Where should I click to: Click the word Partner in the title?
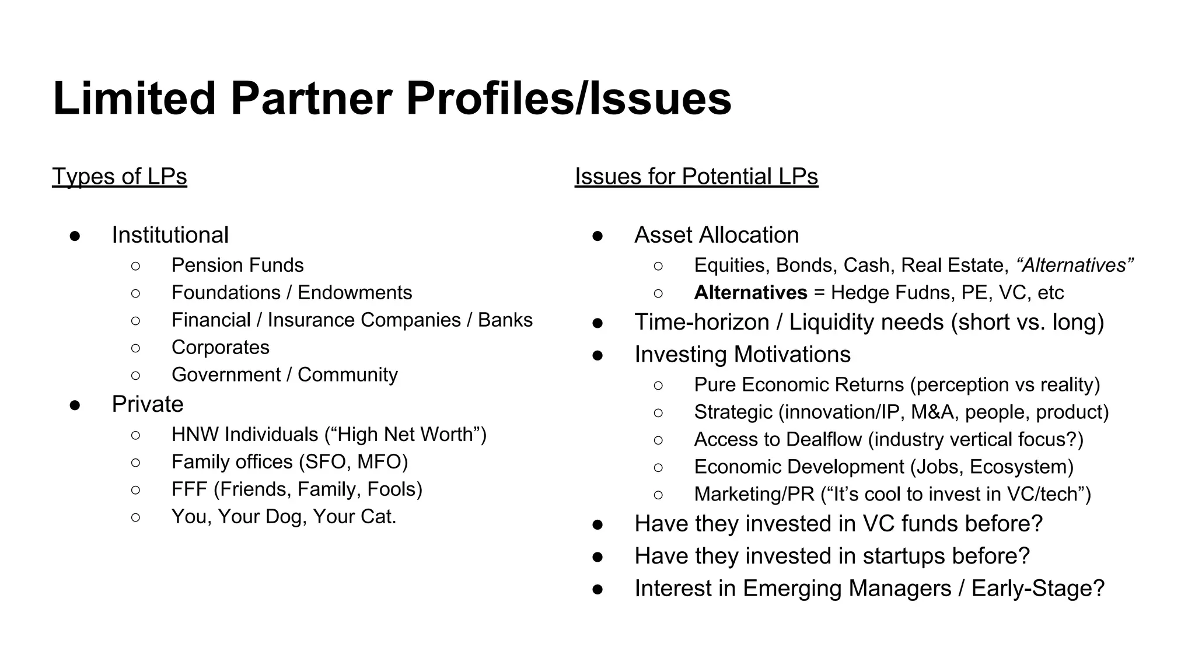311,99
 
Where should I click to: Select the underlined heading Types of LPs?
120,176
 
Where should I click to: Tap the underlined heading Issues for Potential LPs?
696,176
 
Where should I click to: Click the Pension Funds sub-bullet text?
237,265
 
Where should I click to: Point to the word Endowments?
355,293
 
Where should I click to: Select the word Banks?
505,320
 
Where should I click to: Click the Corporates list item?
221,348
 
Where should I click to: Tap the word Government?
226,374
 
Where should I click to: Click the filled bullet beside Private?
75,405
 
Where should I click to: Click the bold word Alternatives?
750,293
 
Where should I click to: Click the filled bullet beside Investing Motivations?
597,355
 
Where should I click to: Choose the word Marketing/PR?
754,495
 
